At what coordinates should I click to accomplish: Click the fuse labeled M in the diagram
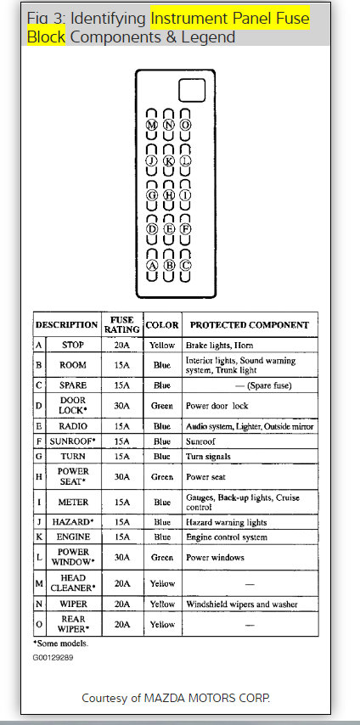(x=152, y=124)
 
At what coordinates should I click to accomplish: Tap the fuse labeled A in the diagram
(x=152, y=264)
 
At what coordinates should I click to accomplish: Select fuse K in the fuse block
(x=169, y=160)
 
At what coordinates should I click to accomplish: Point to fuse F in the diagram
(x=186, y=229)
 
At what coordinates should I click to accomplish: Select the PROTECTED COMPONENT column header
(x=249, y=325)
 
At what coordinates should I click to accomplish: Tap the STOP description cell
(x=73, y=346)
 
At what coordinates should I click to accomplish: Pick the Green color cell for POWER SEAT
(x=162, y=477)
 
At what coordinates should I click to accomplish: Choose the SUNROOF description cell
(x=74, y=442)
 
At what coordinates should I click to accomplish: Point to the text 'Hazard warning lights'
(x=226, y=521)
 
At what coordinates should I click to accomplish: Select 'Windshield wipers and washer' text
(x=241, y=604)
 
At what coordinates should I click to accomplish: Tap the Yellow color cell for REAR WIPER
(x=162, y=625)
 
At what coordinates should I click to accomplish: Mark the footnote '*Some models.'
(x=59, y=644)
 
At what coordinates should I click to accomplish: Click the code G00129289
(x=53, y=656)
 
